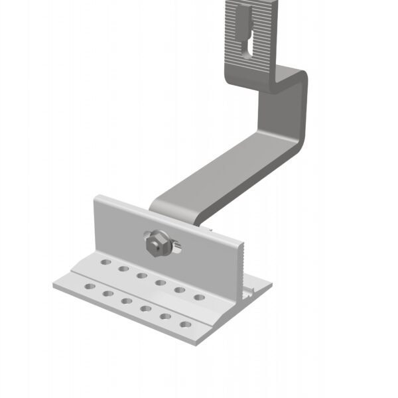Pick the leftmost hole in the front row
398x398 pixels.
(88, 287)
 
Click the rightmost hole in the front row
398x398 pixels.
(186, 325)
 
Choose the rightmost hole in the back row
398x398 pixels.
(199, 297)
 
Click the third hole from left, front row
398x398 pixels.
(127, 301)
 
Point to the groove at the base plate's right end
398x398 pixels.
(252, 291)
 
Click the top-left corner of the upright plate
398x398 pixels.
(97, 197)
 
